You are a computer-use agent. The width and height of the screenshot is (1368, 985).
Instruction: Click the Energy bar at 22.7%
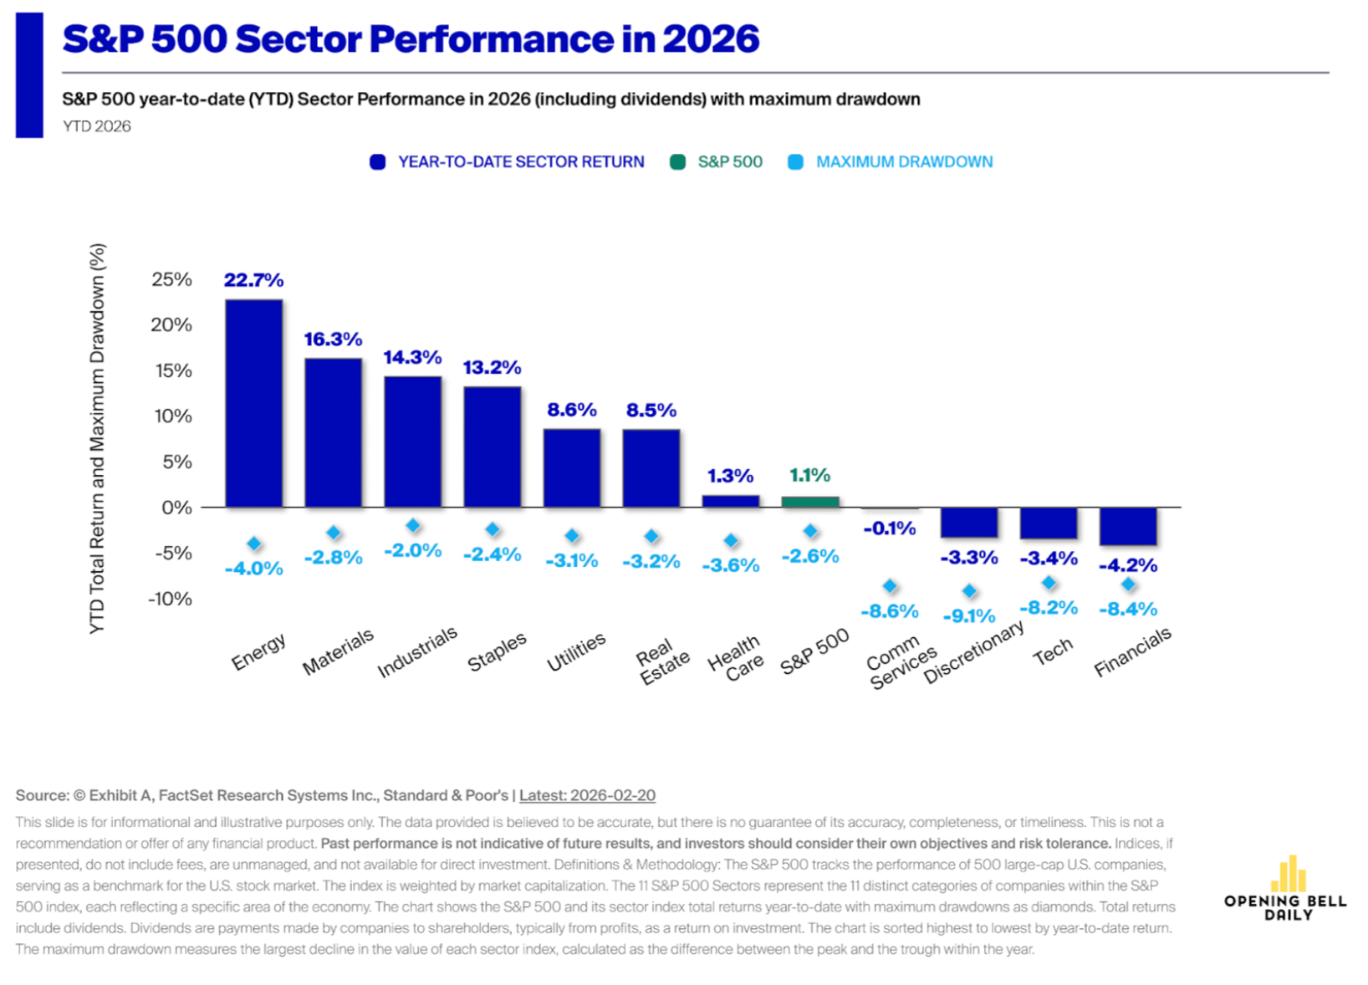click(253, 403)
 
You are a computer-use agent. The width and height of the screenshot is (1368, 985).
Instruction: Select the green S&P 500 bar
click(809, 502)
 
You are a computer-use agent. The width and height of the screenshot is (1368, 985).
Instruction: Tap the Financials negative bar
click(1127, 526)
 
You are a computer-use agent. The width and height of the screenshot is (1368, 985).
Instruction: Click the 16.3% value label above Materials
click(333, 339)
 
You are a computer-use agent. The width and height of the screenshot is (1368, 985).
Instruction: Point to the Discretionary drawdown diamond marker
click(969, 591)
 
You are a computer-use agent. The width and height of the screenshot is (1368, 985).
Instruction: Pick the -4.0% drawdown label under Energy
click(253, 569)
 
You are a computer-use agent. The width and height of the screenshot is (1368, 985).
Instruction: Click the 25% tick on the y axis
click(171, 279)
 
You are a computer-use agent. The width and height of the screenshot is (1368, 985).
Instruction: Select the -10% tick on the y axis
click(170, 599)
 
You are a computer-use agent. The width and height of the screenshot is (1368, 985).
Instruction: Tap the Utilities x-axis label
click(576, 652)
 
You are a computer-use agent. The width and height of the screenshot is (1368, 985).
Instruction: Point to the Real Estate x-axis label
click(661, 661)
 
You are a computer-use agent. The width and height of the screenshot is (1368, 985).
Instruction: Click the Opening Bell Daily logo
click(1285, 889)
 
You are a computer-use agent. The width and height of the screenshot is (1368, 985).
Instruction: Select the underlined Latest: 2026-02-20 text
click(587, 795)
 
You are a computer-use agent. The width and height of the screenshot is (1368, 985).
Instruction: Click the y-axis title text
click(97, 438)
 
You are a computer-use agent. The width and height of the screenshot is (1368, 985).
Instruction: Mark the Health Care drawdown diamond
click(731, 541)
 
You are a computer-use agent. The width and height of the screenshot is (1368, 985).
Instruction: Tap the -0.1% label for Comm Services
click(889, 528)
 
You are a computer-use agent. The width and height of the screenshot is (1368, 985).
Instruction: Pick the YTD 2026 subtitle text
click(97, 126)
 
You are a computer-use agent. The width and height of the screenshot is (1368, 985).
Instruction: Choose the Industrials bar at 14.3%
click(412, 441)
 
